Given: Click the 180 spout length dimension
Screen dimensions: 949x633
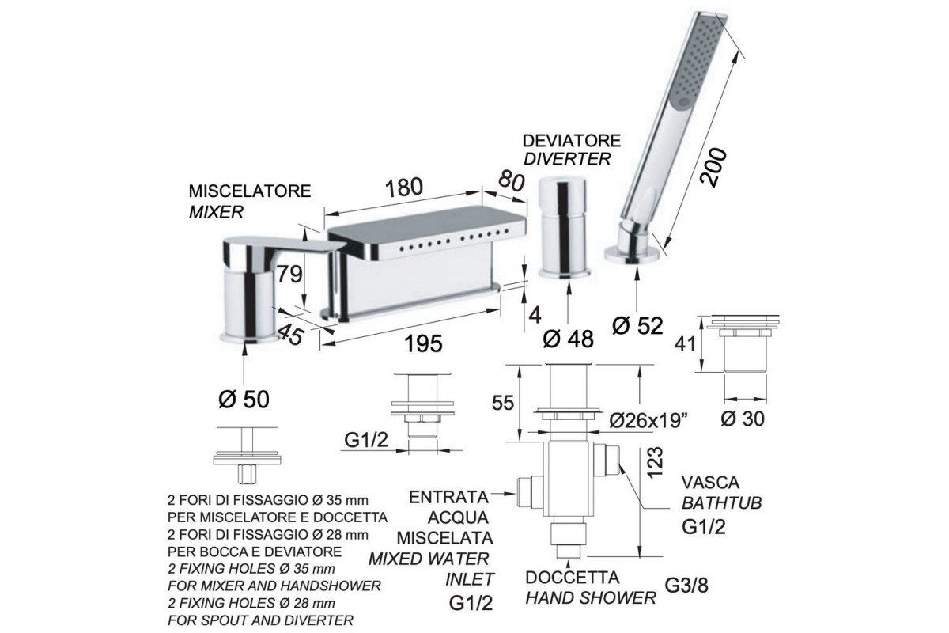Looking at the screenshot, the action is (404, 188).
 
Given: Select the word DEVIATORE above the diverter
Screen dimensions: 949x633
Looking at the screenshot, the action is (572, 140).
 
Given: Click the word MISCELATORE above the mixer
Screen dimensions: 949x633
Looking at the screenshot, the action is (250, 191).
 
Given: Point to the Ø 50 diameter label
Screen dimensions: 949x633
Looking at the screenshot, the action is (244, 400).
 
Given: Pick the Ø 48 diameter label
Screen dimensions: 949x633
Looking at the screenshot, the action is (569, 339).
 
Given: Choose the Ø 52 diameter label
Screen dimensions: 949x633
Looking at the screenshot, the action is (637, 326).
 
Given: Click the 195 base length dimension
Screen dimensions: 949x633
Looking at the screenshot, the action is (424, 343).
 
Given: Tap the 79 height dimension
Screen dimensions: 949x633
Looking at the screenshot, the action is (289, 275).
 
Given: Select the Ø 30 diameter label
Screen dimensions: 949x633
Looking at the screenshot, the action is (743, 419).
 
